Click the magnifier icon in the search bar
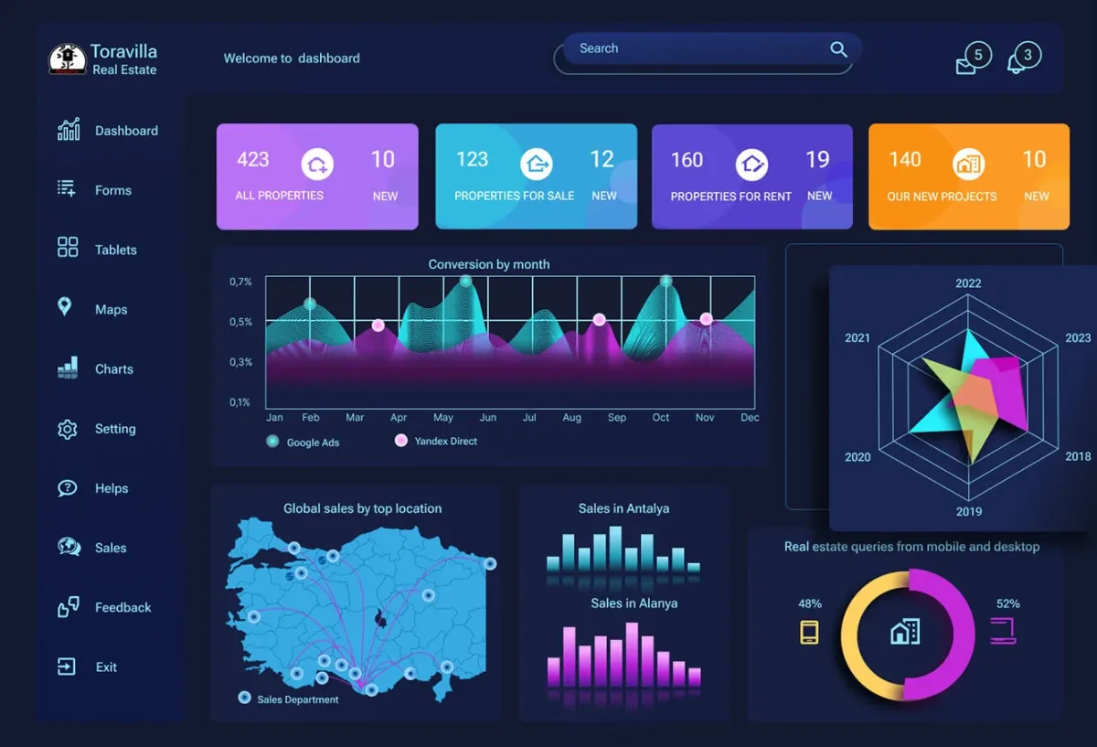(838, 49)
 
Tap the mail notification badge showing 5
(978, 55)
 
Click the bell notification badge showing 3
(1028, 55)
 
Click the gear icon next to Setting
(67, 429)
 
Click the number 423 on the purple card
(253, 160)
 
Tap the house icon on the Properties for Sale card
(537, 164)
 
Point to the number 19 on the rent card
(817, 160)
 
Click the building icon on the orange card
(968, 164)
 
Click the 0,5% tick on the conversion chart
(240, 322)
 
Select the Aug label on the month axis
(571, 417)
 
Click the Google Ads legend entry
(303, 442)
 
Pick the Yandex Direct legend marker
(401, 441)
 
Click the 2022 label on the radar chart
(968, 283)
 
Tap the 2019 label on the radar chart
(969, 511)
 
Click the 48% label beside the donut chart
(810, 603)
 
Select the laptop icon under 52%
(1003, 631)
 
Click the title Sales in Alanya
(634, 603)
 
